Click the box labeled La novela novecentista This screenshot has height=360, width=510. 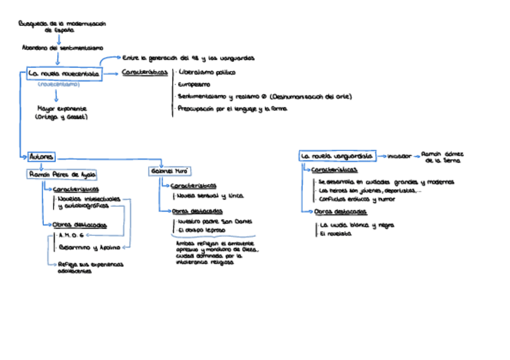pyautogui.click(x=64, y=74)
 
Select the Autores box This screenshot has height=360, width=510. pyautogui.click(x=41, y=157)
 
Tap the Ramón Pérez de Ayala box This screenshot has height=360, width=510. pyautogui.click(x=63, y=174)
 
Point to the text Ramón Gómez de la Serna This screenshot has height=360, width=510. pyautogui.click(x=442, y=157)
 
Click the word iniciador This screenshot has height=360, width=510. pyautogui.click(x=399, y=156)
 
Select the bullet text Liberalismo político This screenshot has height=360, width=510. pyautogui.click(x=207, y=72)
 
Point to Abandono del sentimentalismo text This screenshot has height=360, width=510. pyautogui.click(x=62, y=47)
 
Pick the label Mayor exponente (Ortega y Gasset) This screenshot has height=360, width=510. pyautogui.click(x=62, y=113)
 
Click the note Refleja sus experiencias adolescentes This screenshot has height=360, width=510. pyautogui.click(x=90, y=267)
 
